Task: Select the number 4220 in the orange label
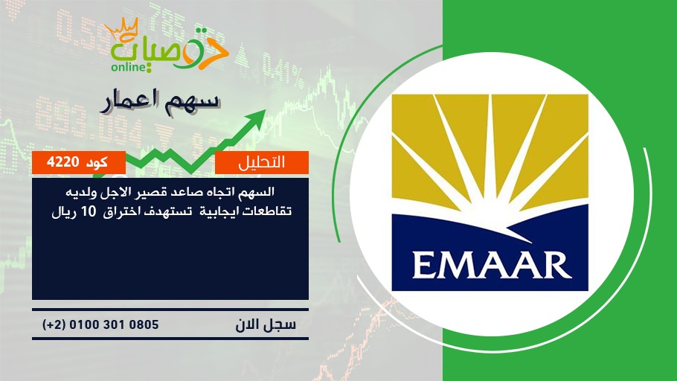point(62,162)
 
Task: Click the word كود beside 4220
point(97,163)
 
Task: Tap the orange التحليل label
point(262,162)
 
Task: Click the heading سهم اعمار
point(159,102)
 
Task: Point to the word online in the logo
point(128,67)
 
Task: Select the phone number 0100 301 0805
point(114,324)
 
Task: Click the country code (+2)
point(54,324)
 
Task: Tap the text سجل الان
point(266,324)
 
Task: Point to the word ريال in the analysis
point(65,212)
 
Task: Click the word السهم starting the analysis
point(259,191)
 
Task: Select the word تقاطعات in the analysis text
point(271,211)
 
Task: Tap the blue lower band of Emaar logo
point(490,253)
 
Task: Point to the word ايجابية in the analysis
point(226,211)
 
